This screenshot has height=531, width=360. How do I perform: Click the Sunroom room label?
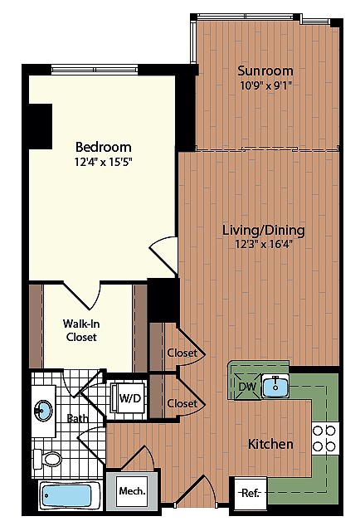265,71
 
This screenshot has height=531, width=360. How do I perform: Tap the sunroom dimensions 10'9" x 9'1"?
265,84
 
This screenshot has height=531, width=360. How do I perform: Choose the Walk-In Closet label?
80,330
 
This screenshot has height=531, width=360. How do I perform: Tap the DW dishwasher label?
246,385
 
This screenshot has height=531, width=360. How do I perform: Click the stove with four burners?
324,437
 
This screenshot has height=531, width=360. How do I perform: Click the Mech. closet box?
131,491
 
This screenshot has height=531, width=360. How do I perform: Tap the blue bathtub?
71,496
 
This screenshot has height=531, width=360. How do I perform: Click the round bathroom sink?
42,410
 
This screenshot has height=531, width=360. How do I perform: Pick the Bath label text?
78,418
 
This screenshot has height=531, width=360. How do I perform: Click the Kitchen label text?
270,444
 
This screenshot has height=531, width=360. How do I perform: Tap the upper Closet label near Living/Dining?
182,353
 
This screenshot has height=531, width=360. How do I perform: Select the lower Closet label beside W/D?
182,403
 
